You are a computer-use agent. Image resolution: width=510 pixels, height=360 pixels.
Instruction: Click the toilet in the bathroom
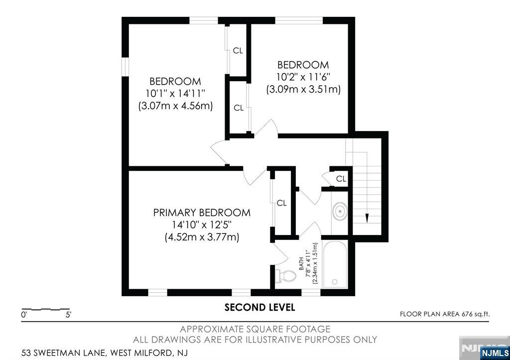coord(286,276)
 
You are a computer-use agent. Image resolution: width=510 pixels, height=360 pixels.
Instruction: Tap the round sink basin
coord(340,212)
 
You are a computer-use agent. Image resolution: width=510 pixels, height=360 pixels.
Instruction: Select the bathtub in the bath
coord(335,264)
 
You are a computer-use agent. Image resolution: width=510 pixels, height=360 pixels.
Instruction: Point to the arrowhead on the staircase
coord(367,218)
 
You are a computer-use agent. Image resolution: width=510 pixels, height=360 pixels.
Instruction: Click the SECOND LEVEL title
coord(259,307)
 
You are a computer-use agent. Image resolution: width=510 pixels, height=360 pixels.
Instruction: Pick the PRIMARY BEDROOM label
coord(202,213)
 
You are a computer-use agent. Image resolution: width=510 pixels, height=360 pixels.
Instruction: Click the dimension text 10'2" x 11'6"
coord(303,77)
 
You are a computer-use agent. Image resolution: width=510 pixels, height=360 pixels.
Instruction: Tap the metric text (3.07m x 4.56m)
coord(175,106)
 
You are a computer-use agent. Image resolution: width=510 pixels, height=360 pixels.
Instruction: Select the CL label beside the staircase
coord(341,179)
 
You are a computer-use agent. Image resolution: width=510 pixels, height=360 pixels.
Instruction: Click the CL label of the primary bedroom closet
coord(282,203)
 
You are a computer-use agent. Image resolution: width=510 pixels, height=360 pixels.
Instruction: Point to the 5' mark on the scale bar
coord(68,315)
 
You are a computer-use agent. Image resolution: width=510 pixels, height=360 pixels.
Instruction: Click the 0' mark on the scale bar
coord(24,315)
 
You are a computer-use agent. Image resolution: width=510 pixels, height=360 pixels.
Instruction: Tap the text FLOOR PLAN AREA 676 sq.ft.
coord(445,314)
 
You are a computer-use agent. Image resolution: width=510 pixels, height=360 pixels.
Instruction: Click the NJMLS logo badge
coord(495,353)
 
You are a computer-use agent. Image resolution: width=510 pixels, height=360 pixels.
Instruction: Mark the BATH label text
coord(301,263)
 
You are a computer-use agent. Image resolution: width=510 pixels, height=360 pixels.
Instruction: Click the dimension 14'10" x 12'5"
coord(202,225)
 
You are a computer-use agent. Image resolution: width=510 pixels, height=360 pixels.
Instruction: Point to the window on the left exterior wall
coord(125,67)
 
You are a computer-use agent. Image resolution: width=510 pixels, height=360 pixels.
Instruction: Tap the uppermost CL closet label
coord(238,50)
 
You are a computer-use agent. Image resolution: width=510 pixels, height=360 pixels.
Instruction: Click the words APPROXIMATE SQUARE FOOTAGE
coord(255,329)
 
